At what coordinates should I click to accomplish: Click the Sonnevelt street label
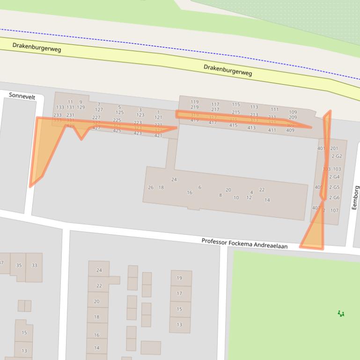(22, 96)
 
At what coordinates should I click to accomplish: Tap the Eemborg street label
(355, 197)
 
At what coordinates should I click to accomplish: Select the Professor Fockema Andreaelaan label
(244, 243)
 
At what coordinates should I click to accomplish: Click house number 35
(19, 266)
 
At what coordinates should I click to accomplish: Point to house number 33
(34, 266)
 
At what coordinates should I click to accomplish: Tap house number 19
(179, 278)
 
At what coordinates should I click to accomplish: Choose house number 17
(179, 294)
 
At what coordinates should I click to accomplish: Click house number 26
(151, 187)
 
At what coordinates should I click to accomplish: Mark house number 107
(334, 210)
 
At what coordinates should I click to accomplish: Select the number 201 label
(334, 149)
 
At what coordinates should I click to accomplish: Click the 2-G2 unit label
(337, 156)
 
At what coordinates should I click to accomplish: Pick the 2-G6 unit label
(334, 198)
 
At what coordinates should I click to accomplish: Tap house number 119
(194, 102)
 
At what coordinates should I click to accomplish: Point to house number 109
(293, 112)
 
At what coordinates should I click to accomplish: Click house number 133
(60, 108)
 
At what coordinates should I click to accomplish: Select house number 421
(158, 136)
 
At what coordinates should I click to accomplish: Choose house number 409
(290, 130)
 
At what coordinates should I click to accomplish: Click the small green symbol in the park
(341, 313)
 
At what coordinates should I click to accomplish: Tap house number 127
(99, 110)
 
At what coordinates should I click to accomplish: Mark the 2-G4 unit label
(334, 177)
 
